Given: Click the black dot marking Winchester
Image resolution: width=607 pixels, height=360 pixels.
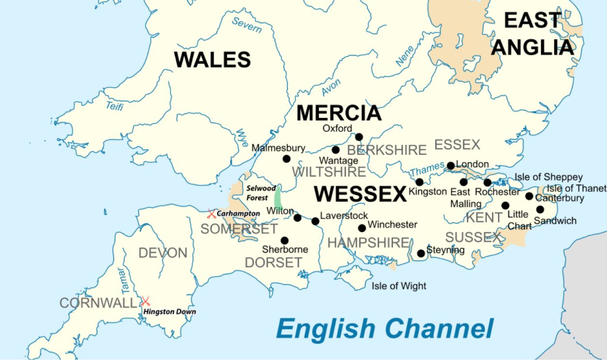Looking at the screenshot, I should [x=362, y=228].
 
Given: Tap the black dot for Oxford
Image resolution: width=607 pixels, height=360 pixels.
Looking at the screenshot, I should [x=359, y=137].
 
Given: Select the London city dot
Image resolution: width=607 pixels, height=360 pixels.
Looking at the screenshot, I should [x=451, y=166].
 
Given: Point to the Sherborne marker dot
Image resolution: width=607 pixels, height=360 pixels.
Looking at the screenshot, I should [x=284, y=240].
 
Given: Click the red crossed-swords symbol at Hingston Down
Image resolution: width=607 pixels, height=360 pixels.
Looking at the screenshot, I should [x=145, y=301].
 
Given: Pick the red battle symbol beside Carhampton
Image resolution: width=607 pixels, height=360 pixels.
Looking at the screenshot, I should [x=212, y=213].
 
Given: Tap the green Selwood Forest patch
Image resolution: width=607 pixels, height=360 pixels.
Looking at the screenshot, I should [x=279, y=198].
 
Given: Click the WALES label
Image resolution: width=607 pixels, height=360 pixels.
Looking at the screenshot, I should [x=213, y=60].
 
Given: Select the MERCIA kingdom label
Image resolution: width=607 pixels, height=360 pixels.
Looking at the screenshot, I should [x=339, y=113].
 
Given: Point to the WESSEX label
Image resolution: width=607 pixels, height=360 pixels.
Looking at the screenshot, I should [x=360, y=194].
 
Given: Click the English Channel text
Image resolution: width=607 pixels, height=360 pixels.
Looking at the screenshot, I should [x=385, y=329].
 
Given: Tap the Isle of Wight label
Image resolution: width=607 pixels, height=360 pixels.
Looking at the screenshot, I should [x=399, y=286].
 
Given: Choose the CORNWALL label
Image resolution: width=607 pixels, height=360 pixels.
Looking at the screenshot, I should [x=98, y=303].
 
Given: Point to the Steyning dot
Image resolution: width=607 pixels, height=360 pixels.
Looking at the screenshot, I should [x=421, y=253].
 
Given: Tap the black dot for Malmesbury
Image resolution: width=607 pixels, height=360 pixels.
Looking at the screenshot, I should [x=286, y=159].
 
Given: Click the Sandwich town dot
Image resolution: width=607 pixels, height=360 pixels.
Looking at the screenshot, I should [x=540, y=209].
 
